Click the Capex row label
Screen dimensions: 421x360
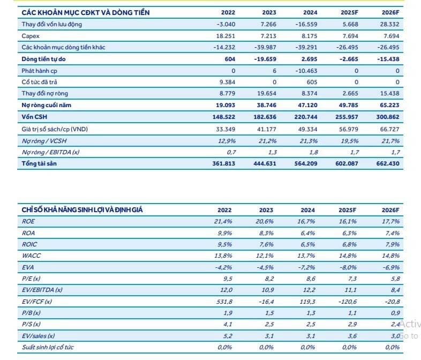click(x=31, y=36)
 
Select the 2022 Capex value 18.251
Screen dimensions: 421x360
click(x=225, y=36)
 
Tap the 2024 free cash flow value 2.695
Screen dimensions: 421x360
click(x=309, y=59)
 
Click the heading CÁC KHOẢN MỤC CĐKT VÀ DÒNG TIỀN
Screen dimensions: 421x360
click(x=86, y=13)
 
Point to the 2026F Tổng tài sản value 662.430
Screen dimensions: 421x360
click(x=388, y=163)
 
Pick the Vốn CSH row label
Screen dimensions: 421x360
click(x=34, y=117)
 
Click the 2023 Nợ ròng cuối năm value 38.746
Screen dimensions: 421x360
click(x=266, y=105)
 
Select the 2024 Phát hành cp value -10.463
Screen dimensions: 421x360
click(x=306, y=71)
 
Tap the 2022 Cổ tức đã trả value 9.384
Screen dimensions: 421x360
click(x=227, y=82)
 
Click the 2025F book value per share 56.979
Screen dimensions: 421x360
click(x=349, y=129)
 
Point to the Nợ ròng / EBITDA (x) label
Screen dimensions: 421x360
click(x=50, y=152)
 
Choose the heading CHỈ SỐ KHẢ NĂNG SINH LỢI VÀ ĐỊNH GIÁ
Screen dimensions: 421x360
click(x=82, y=209)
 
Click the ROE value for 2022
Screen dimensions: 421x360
click(x=223, y=221)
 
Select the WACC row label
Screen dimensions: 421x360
click(x=31, y=256)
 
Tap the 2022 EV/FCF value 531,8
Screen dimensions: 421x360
click(x=224, y=302)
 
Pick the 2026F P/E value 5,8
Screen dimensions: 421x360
click(x=395, y=279)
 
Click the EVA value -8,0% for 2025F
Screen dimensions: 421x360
click(x=348, y=267)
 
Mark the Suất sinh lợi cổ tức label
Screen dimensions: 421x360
click(x=48, y=347)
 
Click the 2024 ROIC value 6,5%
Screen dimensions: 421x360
click(x=307, y=244)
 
